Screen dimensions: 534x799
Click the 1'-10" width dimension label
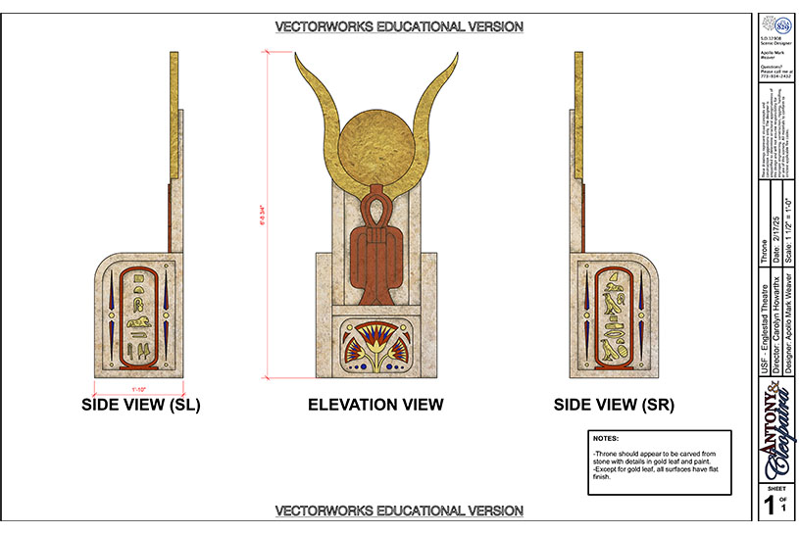[138, 389]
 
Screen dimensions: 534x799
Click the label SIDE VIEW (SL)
[140, 405]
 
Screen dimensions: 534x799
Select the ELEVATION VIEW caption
[375, 405]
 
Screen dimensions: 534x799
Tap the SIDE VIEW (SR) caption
[614, 405]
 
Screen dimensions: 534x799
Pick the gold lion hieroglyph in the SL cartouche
[138, 319]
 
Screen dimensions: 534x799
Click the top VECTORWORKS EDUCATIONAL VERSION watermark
[398, 26]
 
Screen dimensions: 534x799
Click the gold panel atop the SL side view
[175, 113]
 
